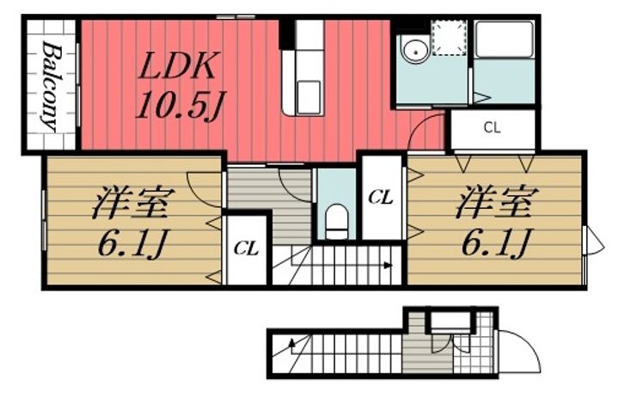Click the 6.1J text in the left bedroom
pyautogui.click(x=129, y=248)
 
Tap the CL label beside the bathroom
pyautogui.click(x=493, y=130)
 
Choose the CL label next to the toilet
pyautogui.click(x=381, y=198)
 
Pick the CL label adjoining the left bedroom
pyautogui.click(x=247, y=249)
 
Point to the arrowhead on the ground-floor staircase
pyautogui.click(x=294, y=345)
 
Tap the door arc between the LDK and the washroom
pyautogui.click(x=426, y=134)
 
